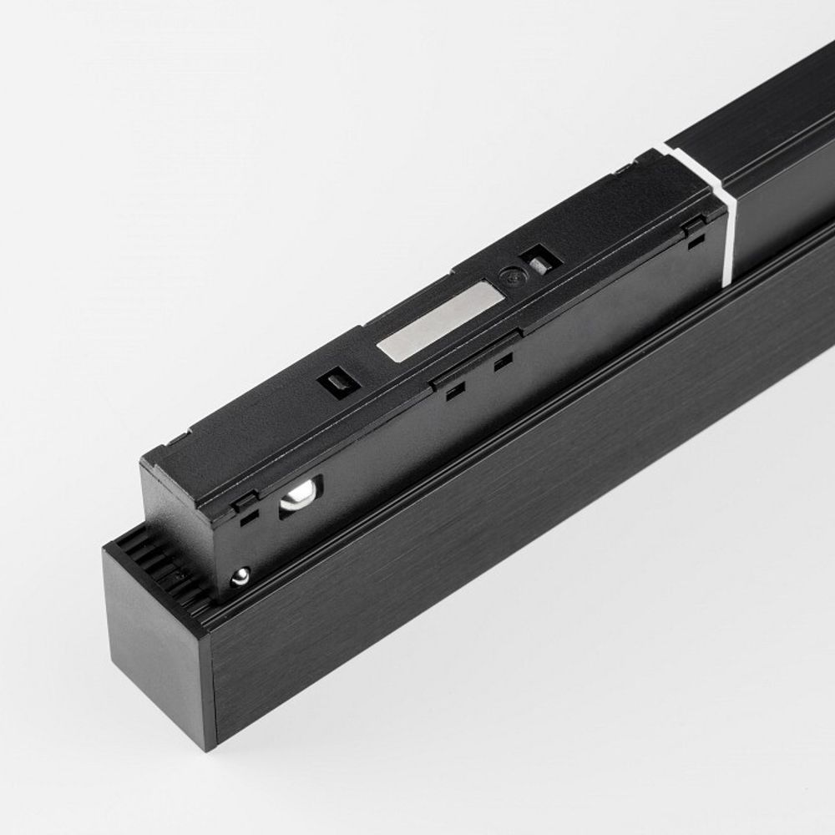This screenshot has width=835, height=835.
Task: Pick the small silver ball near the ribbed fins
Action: [x=240, y=574]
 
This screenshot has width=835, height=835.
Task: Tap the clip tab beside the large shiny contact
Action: [x=245, y=501]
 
